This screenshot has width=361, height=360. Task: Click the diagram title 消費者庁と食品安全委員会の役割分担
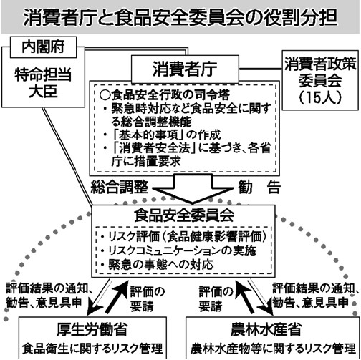180,17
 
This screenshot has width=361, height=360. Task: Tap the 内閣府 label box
43,47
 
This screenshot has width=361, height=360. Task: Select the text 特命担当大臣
43,83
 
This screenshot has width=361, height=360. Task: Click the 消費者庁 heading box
185,69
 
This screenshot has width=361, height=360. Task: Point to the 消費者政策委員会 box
320,80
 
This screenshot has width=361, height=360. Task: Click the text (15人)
320,97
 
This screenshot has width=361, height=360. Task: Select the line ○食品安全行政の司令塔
165,95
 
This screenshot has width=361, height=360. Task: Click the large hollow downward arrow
193,189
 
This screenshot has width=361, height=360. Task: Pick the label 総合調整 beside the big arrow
120,187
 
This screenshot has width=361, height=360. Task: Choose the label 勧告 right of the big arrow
259,187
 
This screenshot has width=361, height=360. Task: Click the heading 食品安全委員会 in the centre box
184,215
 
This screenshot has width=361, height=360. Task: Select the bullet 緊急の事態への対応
157,265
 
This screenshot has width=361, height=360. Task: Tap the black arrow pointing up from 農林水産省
244,296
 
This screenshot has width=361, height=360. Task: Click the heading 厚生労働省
92,329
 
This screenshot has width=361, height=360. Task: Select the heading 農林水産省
266,329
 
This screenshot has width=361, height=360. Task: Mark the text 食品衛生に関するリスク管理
92,349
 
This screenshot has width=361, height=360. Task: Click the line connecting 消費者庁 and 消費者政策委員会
261,69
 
